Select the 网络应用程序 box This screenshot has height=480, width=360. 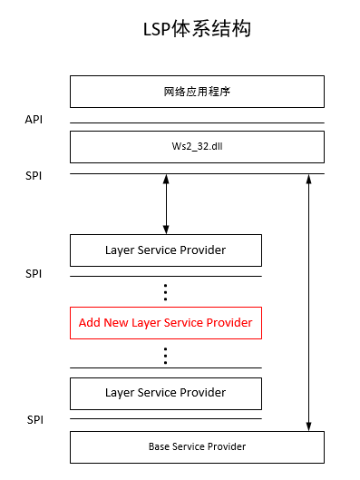pyautogui.click(x=197, y=92)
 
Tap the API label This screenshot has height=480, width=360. pyautogui.click(x=34, y=119)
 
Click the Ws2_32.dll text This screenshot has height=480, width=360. pyautogui.click(x=197, y=146)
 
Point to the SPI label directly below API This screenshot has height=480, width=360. pyautogui.click(x=34, y=174)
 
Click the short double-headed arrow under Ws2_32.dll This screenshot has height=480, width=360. pyautogui.click(x=165, y=204)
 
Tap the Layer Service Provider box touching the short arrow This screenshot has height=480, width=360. pyautogui.click(x=165, y=250)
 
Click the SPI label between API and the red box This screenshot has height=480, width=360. pyautogui.click(x=34, y=273)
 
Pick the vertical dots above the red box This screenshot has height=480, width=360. pyautogui.click(x=165, y=291)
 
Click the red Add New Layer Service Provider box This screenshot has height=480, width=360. pyautogui.click(x=165, y=322)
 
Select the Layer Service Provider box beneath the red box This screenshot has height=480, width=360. pyautogui.click(x=165, y=393)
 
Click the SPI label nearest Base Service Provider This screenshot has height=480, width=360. pyautogui.click(x=34, y=419)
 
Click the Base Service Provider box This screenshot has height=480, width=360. pyautogui.click(x=197, y=446)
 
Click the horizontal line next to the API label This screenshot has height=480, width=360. pyautogui.click(x=197, y=122)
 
